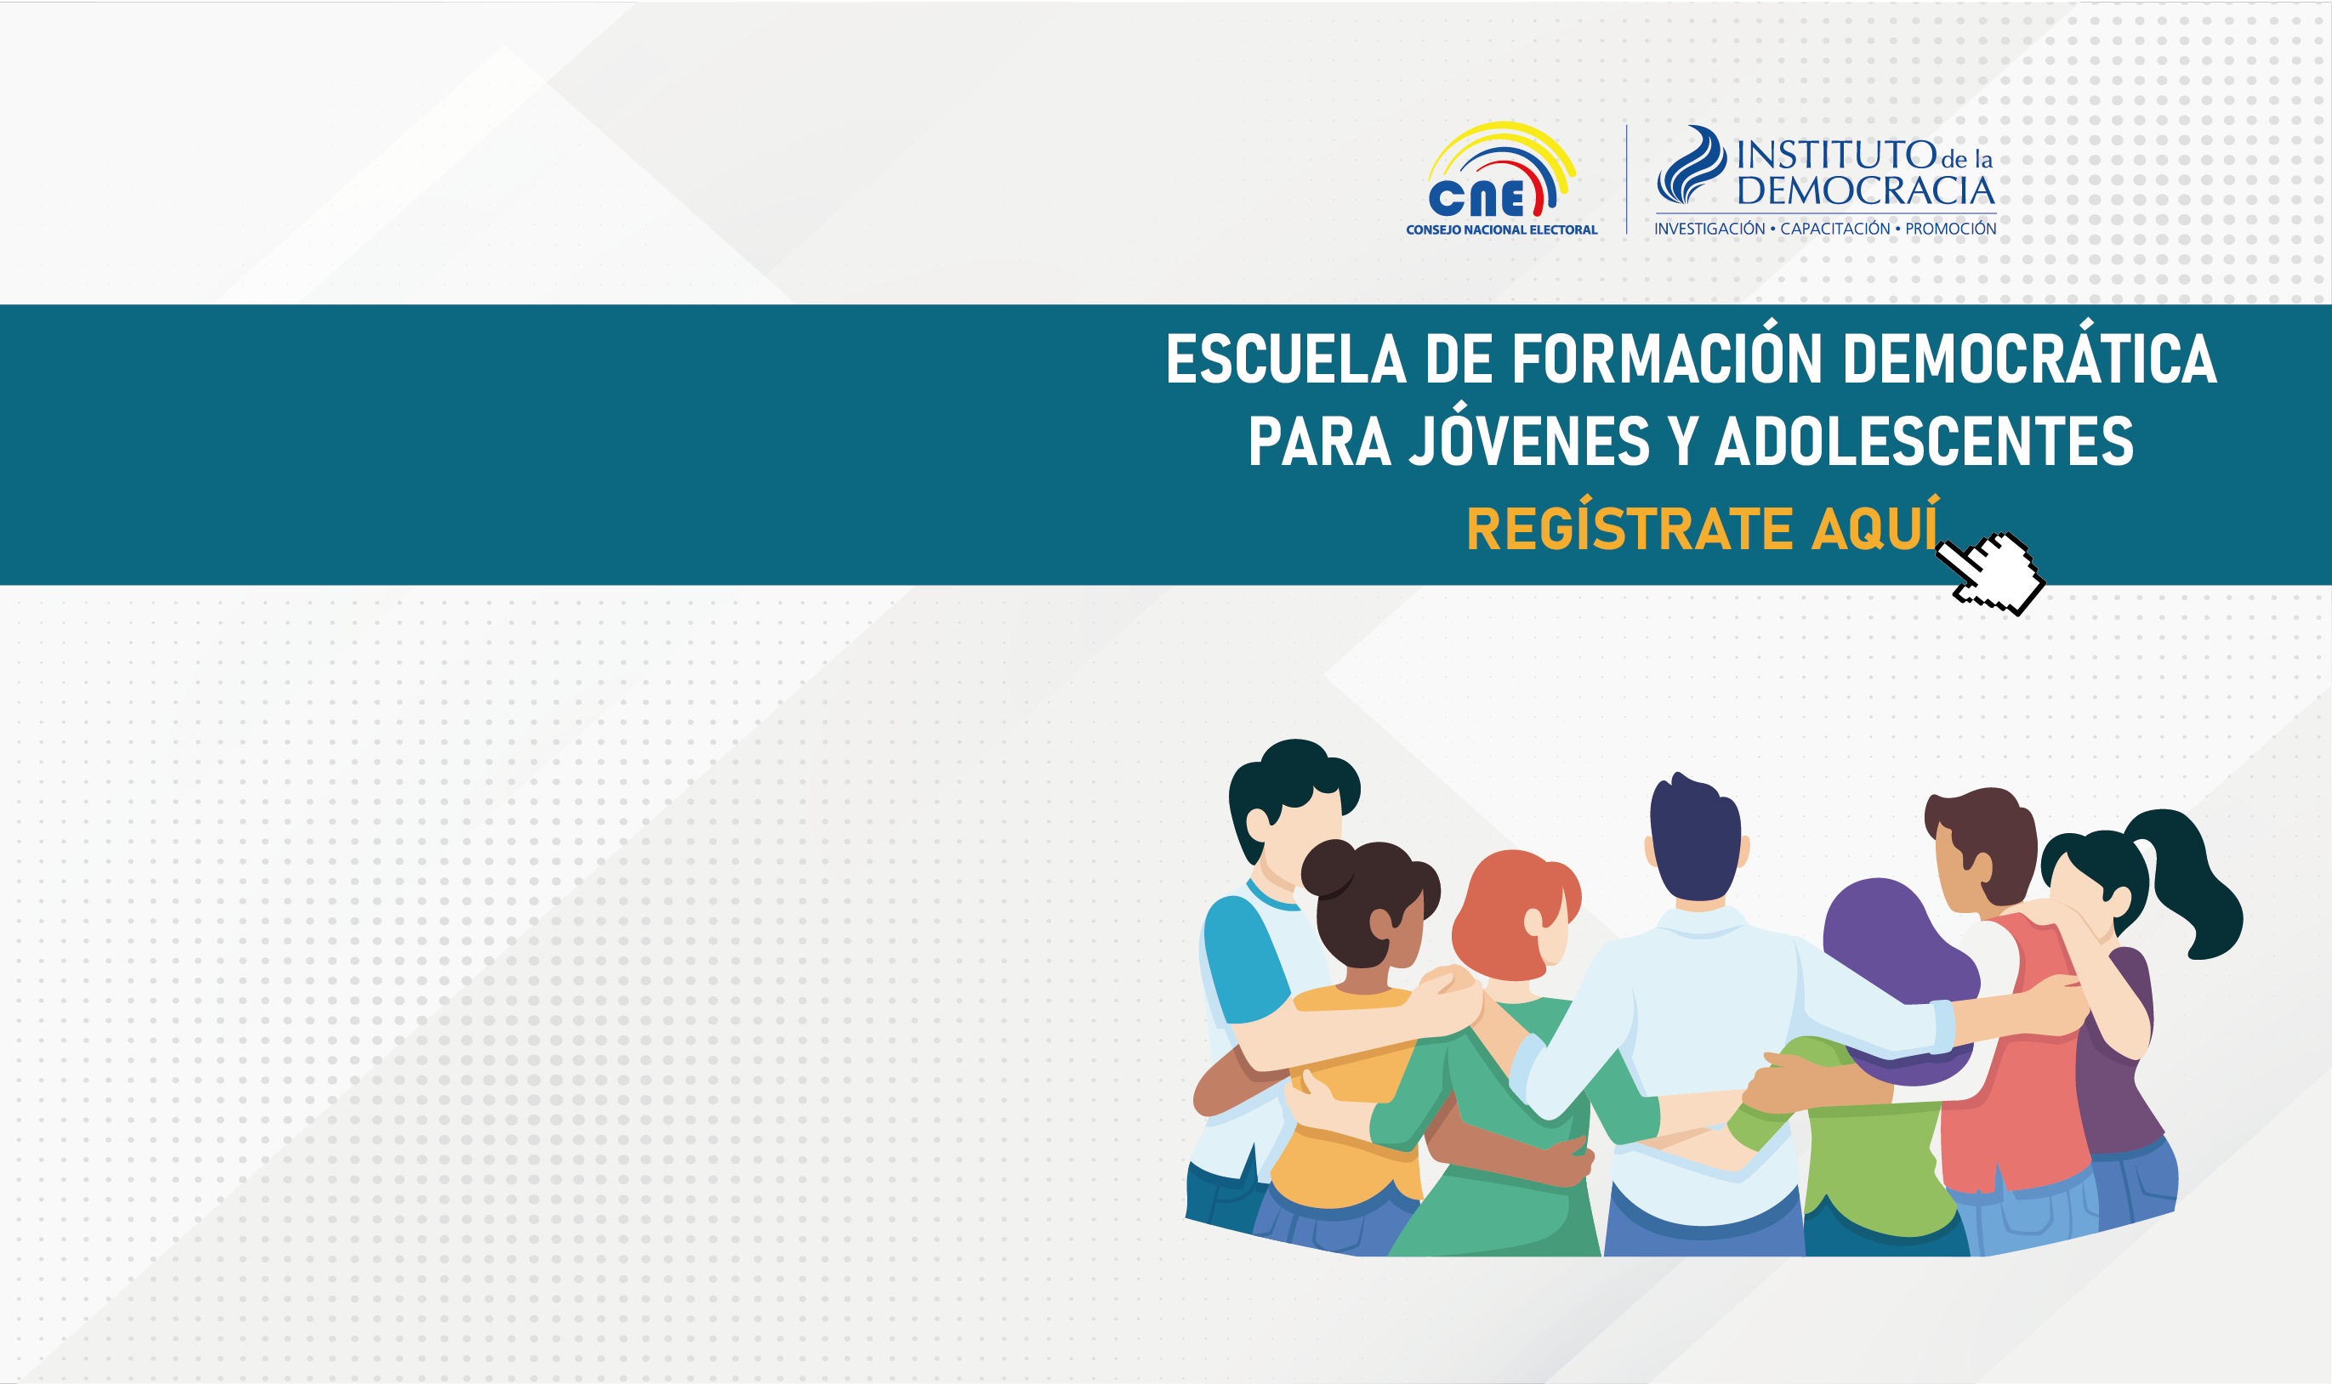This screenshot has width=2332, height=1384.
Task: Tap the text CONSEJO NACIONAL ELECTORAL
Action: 1502,230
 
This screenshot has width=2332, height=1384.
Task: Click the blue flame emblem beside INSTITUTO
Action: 1691,165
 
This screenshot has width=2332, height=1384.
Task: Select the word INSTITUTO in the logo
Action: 1836,155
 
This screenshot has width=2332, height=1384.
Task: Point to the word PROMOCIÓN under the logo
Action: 1950,229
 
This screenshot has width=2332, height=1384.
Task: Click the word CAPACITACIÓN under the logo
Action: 1834,229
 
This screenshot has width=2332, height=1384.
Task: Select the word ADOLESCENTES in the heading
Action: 1925,441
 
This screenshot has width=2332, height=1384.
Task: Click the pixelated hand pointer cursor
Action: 1989,573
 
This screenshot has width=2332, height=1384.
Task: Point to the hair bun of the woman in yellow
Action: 1328,867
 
